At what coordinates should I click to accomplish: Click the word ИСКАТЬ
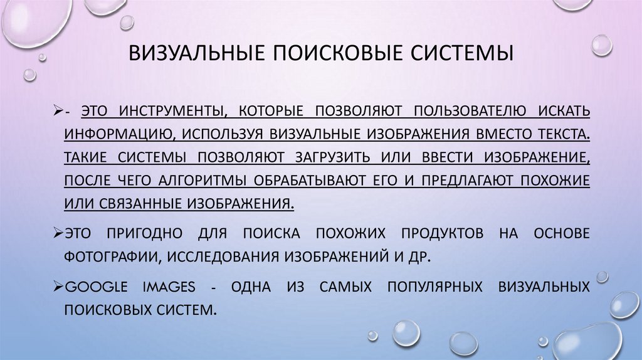pyautogui.click(x=562, y=111)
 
